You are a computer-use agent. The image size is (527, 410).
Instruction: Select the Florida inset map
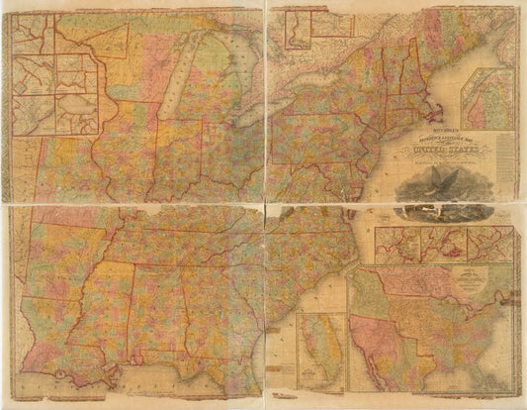(x=323, y=352)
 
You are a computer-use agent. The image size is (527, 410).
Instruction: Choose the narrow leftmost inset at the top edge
(x=296, y=29)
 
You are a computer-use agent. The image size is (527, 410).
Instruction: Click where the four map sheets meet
(x=264, y=204)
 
